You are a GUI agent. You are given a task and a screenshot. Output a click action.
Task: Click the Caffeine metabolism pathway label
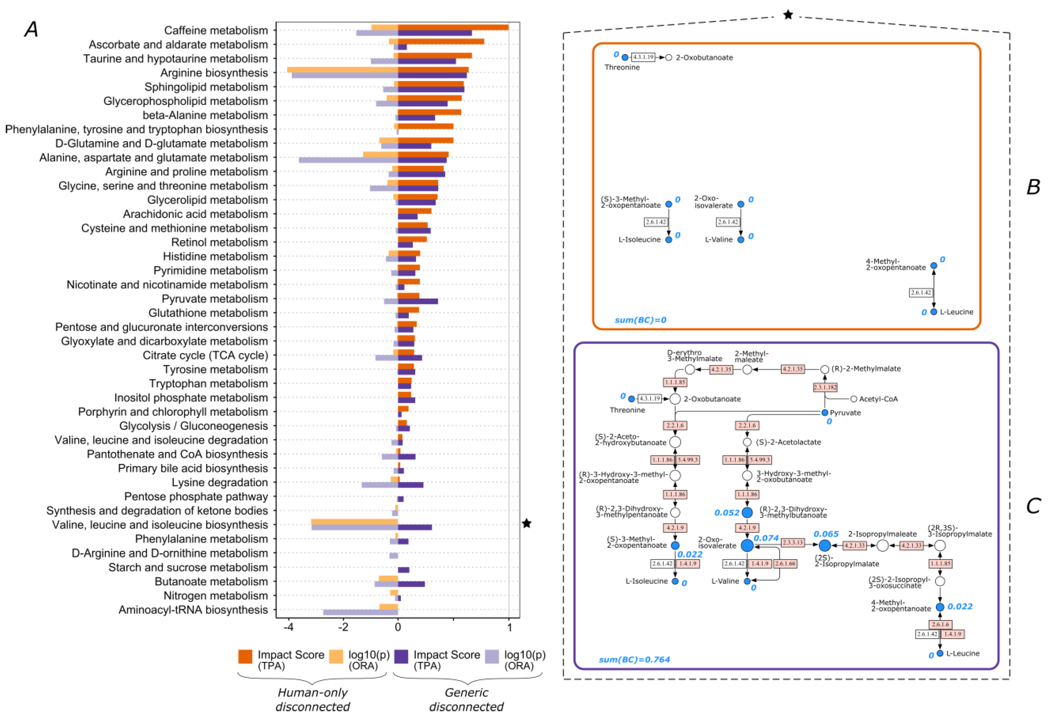[216, 31]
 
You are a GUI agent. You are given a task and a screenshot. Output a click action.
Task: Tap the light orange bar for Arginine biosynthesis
[342, 70]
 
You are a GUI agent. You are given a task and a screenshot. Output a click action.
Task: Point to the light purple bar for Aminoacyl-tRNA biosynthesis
[360, 612]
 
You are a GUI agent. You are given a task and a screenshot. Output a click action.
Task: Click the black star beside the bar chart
[526, 524]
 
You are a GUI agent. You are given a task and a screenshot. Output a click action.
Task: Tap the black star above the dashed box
[788, 15]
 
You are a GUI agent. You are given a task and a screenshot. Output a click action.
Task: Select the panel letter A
[31, 30]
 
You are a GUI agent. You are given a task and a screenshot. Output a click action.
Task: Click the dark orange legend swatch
[245, 657]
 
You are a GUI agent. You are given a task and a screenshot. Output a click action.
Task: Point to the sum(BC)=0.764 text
[634, 660]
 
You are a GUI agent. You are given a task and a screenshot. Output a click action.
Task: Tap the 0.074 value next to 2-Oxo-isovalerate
[766, 538]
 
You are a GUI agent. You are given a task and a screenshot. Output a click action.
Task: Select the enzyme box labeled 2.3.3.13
[793, 542]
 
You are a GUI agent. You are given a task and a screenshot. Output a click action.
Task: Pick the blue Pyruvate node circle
[825, 413]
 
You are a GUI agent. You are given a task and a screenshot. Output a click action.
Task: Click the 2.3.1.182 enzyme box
[825, 387]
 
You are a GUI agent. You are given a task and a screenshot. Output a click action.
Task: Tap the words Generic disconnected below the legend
[466, 699]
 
